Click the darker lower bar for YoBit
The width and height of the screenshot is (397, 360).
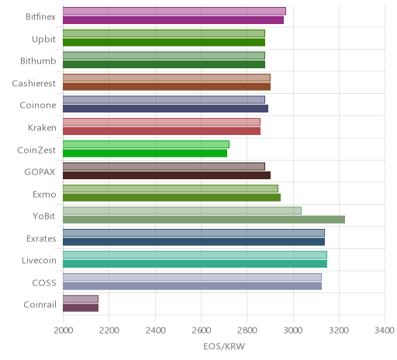tap(204, 220)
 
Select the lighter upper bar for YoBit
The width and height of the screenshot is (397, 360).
tap(182, 211)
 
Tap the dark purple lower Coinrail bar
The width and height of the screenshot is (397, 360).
tap(81, 308)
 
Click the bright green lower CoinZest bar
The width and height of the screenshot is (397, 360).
tap(145, 153)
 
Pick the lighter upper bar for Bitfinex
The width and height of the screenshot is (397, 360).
tap(174, 11)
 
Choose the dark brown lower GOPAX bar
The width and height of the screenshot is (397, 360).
tap(167, 175)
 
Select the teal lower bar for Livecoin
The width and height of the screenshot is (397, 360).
tap(195, 264)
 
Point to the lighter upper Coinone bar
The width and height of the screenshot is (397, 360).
tap(164, 100)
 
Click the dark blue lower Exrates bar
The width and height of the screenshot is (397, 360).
tap(194, 242)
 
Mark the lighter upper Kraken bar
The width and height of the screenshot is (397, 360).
tap(161, 122)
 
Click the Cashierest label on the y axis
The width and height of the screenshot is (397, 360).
tap(34, 83)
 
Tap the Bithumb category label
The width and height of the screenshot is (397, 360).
tap(38, 61)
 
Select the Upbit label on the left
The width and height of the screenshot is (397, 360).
tap(43, 40)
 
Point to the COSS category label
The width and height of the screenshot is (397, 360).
tap(44, 282)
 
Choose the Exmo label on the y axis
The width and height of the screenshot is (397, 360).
tap(44, 194)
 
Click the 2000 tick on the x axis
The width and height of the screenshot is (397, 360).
tap(64, 331)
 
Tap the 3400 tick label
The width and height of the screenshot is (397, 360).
tap(385, 331)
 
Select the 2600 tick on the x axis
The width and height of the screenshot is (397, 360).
tap(201, 331)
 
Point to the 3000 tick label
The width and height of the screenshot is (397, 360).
tap(293, 331)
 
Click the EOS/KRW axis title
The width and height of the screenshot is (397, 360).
tap(224, 346)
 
